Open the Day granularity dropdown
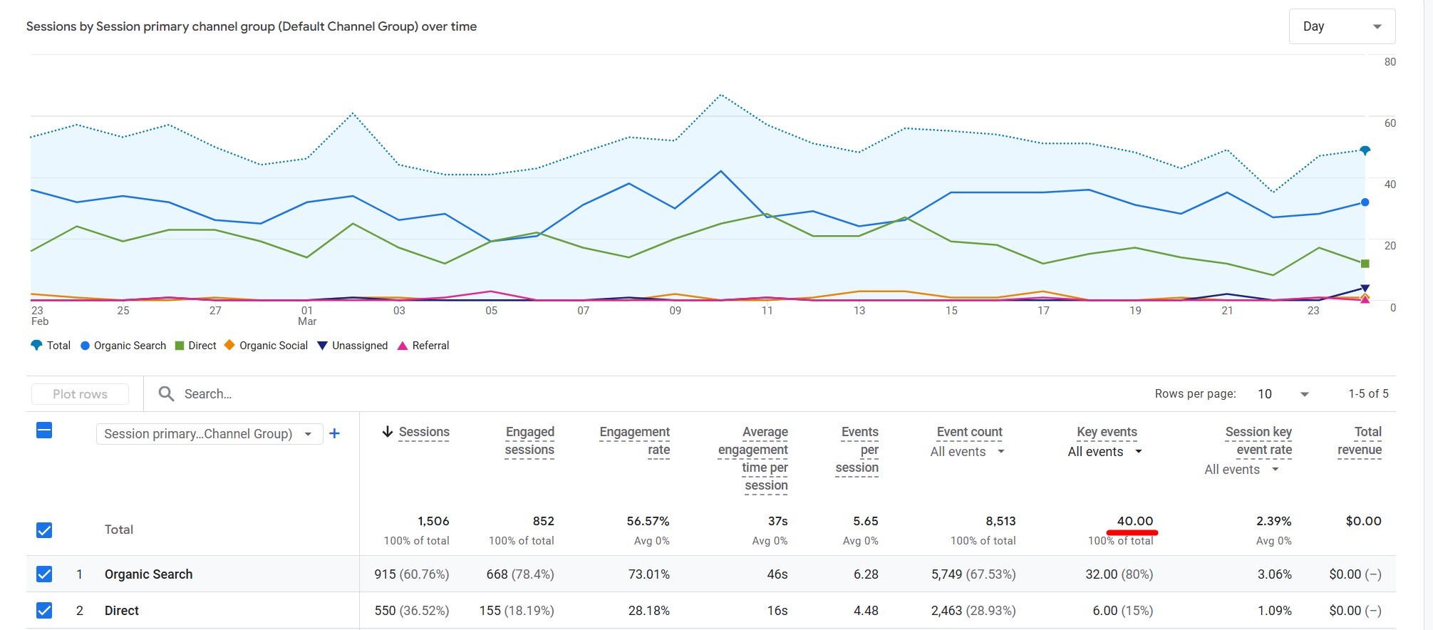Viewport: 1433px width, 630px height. tap(1341, 26)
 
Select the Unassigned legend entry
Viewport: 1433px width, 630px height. tap(352, 346)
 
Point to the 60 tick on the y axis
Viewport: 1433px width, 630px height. tap(1390, 123)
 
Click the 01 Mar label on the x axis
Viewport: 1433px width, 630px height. tap(307, 316)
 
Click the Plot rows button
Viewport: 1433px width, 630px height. tap(80, 394)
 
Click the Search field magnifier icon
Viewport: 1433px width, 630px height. tap(166, 394)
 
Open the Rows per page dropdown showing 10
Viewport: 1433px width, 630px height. tap(1282, 394)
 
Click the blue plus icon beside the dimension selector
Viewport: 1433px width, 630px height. tap(334, 433)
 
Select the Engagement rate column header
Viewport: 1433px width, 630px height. tap(634, 440)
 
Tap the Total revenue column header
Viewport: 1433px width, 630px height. tap(1360, 440)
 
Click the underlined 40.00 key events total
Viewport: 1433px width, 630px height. tap(1134, 521)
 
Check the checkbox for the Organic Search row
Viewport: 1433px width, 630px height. tap(44, 574)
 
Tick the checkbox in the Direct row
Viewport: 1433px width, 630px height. tap(44, 611)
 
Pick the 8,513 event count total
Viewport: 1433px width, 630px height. tap(1000, 521)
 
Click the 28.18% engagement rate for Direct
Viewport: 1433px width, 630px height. tap(648, 611)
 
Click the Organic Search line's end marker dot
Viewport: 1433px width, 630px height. tap(1365, 202)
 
